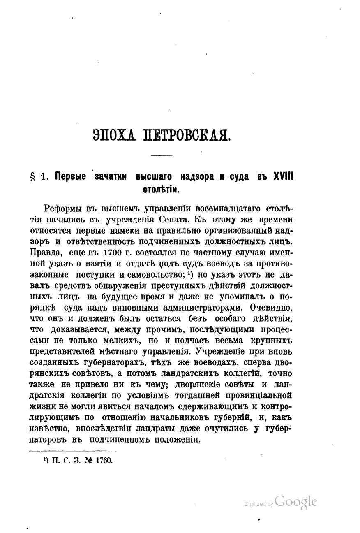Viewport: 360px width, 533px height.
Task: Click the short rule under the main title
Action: (x=162, y=155)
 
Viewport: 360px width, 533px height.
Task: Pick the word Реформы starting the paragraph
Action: (x=63, y=207)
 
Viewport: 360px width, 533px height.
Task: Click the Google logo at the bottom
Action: (x=296, y=502)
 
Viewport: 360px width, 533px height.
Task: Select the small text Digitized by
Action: (x=258, y=504)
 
